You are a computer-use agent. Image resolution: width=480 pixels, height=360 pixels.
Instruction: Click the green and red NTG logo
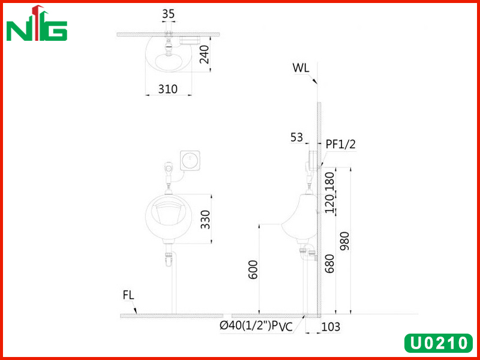point(37,23)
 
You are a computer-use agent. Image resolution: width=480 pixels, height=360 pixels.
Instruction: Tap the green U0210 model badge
point(439,343)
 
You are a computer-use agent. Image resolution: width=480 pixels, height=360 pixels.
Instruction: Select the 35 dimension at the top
point(169,14)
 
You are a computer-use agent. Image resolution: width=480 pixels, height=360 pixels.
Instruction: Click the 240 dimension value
point(204,55)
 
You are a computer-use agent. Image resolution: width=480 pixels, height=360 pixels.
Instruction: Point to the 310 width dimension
point(168,89)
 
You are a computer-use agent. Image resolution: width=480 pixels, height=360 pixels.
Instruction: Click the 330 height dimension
point(205,220)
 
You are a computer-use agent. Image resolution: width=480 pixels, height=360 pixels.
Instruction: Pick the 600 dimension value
point(253,269)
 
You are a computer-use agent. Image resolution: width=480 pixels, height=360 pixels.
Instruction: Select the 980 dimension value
point(344,241)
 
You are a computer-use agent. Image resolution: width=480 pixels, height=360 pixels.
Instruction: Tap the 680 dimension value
point(329,263)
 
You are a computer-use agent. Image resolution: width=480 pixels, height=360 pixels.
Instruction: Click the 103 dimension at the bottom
point(331,327)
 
